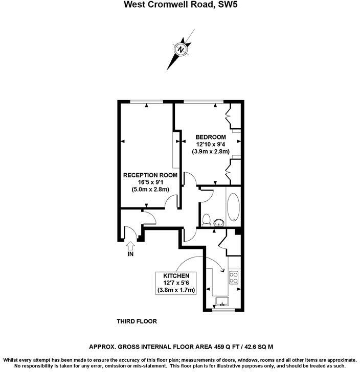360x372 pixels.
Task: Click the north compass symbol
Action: click(x=181, y=50)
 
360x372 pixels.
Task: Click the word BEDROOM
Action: click(x=211, y=137)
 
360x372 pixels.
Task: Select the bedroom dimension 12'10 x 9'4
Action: click(x=211, y=144)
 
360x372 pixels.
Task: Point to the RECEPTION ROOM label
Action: click(x=150, y=175)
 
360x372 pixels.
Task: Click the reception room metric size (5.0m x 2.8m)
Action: click(x=150, y=190)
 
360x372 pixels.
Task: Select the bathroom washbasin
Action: click(x=219, y=222)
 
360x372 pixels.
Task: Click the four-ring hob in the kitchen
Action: click(x=234, y=277)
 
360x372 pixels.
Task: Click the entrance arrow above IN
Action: click(x=130, y=246)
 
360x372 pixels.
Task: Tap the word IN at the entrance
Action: click(x=130, y=254)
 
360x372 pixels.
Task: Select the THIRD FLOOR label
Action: click(x=136, y=321)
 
